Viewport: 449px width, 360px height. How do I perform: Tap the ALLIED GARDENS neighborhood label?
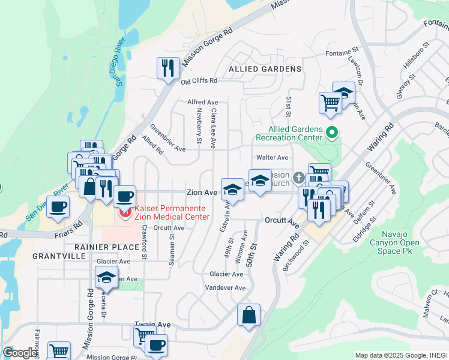[265, 69]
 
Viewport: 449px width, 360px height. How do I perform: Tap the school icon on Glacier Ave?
[106, 277]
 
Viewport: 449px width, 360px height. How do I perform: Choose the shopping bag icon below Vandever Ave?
[249, 315]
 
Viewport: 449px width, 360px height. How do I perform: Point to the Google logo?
[20, 353]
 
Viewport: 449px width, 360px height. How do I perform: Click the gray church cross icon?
[298, 178]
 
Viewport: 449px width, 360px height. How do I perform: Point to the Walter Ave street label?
[273, 157]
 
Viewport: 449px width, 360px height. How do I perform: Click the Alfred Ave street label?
[202, 103]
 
